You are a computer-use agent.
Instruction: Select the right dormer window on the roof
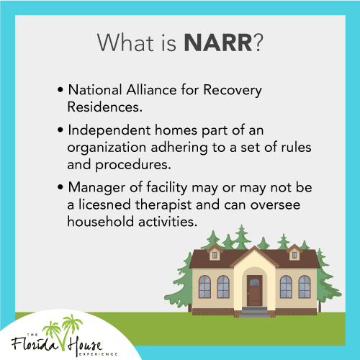pos(294,253)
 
